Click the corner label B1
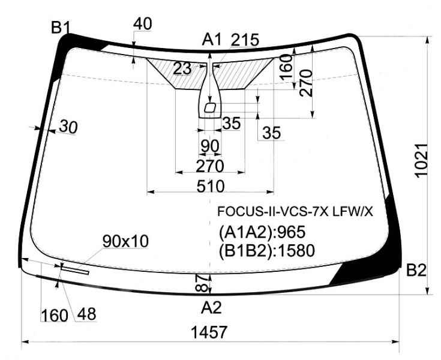(60, 28)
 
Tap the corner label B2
(416, 270)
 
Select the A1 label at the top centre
(212, 40)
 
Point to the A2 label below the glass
(211, 307)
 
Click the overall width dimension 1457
(209, 332)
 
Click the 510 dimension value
(211, 186)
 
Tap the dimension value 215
(245, 40)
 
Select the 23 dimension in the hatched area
(182, 68)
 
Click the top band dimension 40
(143, 24)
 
